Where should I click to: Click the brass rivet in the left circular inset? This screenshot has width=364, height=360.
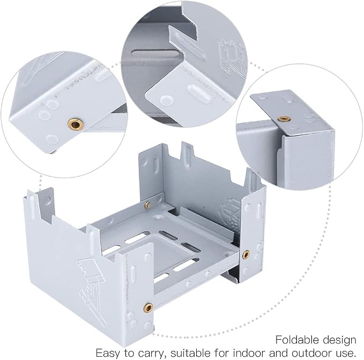[76, 124]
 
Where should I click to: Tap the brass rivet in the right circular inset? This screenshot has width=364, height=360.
[284, 119]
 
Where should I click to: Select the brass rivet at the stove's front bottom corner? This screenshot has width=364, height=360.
[148, 308]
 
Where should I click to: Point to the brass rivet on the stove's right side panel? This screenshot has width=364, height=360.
[246, 255]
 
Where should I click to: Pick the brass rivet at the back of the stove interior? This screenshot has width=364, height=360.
[147, 205]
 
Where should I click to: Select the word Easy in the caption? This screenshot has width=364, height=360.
[108, 353]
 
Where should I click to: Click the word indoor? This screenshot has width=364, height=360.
[249, 353]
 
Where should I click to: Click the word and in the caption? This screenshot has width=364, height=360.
[278, 353]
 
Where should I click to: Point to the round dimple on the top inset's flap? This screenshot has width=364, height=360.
[166, 100]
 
